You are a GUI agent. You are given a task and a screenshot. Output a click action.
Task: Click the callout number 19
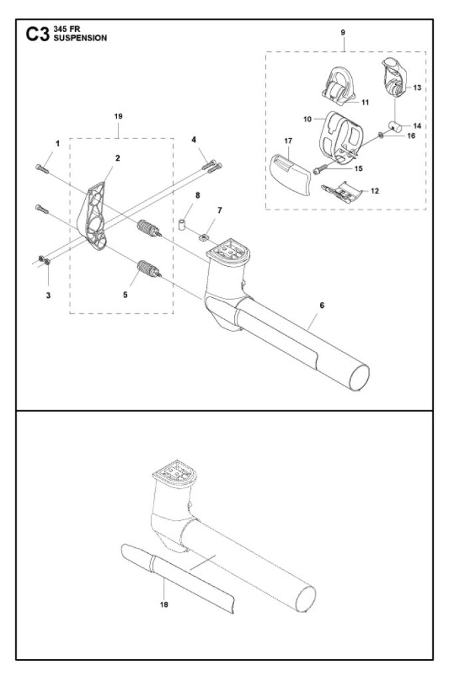point(118,116)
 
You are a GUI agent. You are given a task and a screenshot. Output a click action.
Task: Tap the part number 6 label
point(321,305)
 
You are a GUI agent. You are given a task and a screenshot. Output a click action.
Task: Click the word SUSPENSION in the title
point(79,39)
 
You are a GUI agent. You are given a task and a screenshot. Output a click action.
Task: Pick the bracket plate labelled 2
point(94,213)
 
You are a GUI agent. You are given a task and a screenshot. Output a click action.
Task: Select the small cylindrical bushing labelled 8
point(180,221)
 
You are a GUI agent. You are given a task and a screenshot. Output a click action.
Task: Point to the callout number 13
point(417,88)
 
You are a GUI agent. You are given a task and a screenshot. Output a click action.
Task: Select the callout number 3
point(48,276)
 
